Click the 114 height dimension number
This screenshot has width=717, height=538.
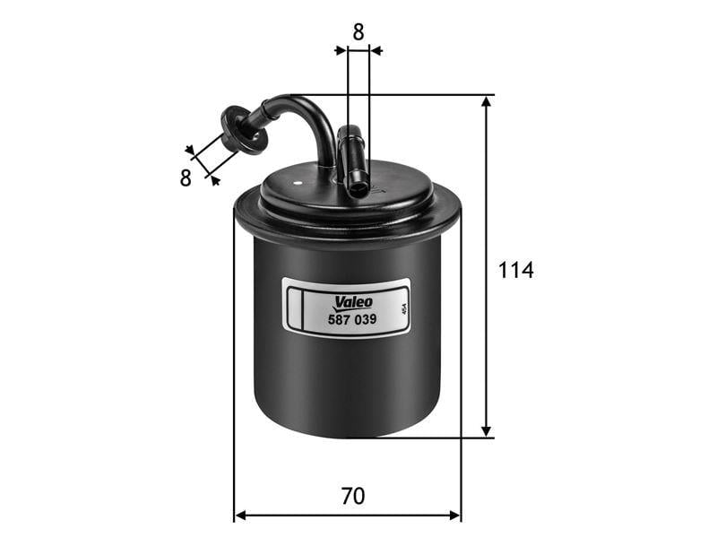tap(515, 270)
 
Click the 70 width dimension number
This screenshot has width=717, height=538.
tap(353, 496)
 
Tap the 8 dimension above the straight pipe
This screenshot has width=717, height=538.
tap(358, 32)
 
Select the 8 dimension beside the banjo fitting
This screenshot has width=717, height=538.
tap(186, 178)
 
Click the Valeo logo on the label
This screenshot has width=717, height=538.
tap(353, 302)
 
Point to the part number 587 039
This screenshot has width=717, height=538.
tap(352, 319)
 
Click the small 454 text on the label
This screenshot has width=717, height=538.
tap(403, 309)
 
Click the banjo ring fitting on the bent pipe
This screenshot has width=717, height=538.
tap(244, 130)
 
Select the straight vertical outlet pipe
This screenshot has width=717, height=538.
tap(352, 161)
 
